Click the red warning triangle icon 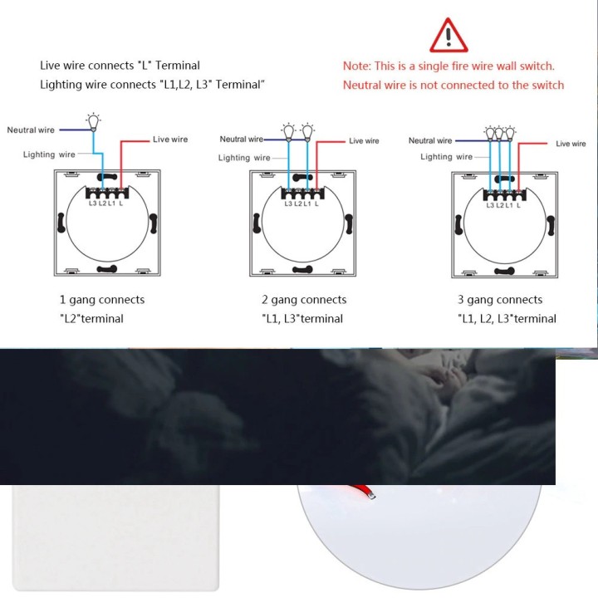(x=448, y=36)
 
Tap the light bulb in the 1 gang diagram (x=93, y=122)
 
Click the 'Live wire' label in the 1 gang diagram (x=170, y=140)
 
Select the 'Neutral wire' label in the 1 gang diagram (x=31, y=130)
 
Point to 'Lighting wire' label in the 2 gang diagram (x=244, y=158)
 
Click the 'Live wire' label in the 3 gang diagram (x=571, y=144)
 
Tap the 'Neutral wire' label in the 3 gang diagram (x=430, y=140)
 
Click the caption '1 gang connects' (x=102, y=300)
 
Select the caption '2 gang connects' (x=304, y=300)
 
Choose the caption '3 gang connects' (x=500, y=300)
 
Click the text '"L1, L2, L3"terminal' (x=507, y=318)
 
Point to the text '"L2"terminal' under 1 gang (x=91, y=318)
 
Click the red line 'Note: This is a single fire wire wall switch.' (x=448, y=66)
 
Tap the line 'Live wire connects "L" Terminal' (x=120, y=66)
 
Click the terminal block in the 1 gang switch (x=107, y=193)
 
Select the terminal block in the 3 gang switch (x=505, y=195)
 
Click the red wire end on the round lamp (x=372, y=495)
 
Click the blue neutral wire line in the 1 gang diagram (x=76, y=130)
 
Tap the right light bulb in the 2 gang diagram (x=307, y=132)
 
